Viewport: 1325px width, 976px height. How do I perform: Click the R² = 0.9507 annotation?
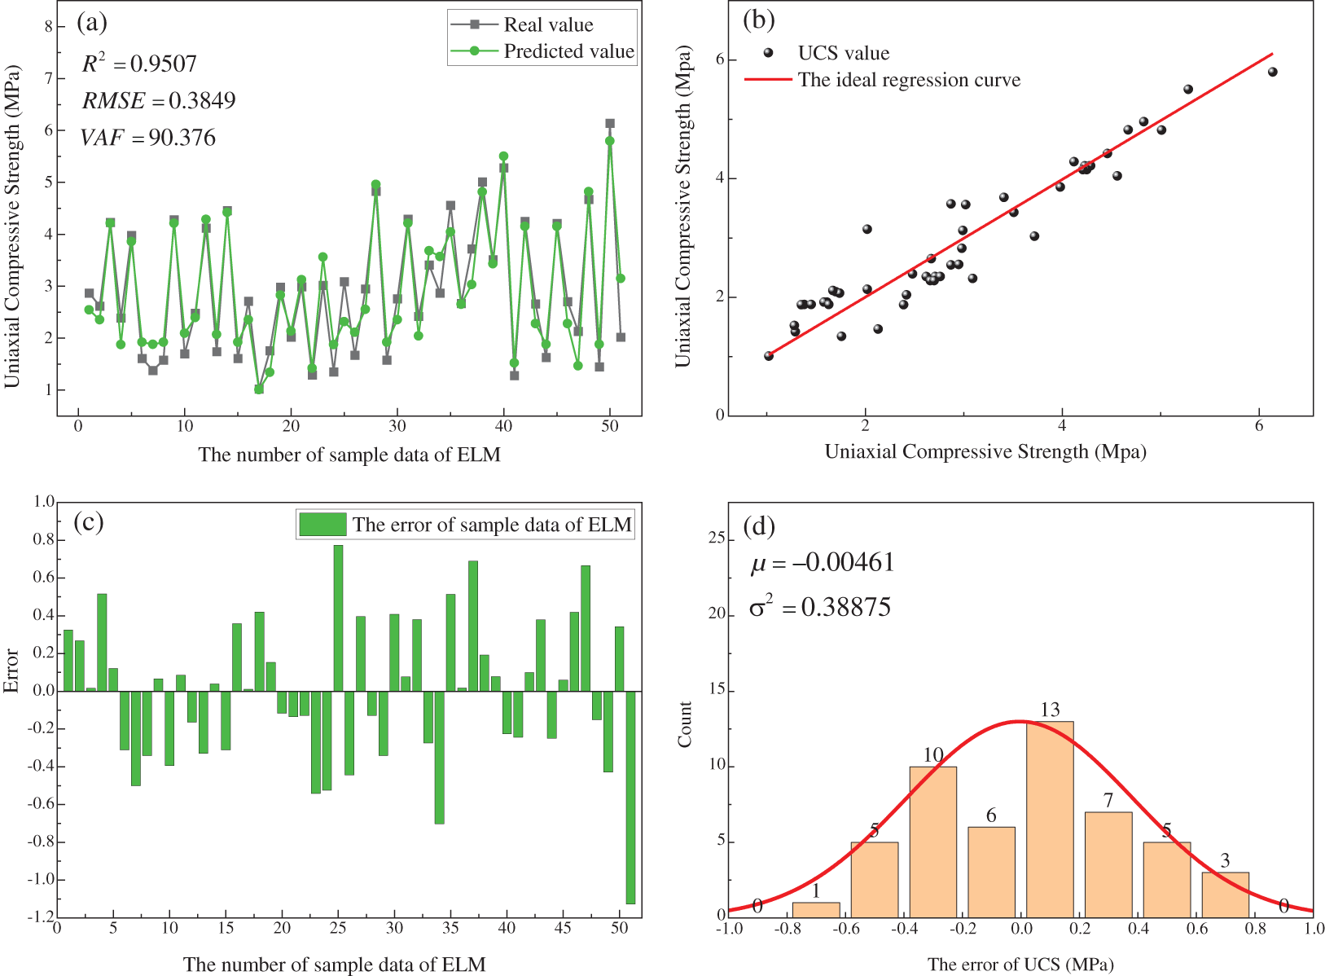coord(139,64)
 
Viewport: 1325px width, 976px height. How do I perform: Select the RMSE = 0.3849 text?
coord(159,100)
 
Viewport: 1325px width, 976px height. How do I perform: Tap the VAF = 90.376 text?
coord(148,137)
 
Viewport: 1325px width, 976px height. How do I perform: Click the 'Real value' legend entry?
coord(547,24)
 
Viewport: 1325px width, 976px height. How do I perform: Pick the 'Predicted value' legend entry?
coord(568,51)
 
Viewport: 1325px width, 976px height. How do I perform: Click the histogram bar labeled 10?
coord(932,840)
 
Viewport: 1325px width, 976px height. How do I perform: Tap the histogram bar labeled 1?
coord(816,908)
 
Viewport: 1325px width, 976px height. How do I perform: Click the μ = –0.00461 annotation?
coord(823,562)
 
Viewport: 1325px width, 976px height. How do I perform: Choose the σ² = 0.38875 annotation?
coord(820,607)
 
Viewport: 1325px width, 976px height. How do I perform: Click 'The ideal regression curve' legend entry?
coord(908,80)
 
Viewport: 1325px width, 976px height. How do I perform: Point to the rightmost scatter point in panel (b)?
coord(1273,72)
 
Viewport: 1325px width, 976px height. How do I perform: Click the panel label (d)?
coord(759,526)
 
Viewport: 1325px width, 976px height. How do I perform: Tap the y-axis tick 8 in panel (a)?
coord(48,26)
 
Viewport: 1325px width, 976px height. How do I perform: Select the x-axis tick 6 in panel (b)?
coord(1259,425)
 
